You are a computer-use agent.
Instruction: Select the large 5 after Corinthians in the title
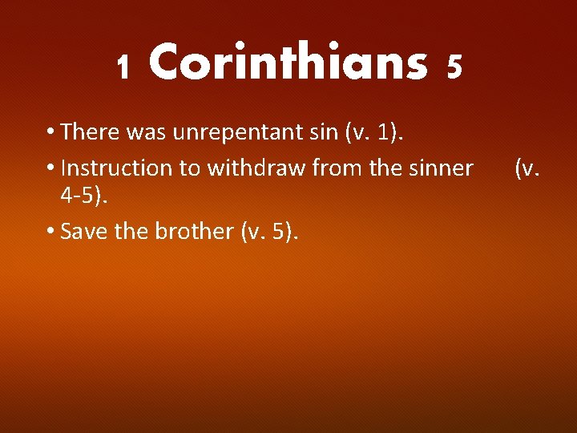coord(454,67)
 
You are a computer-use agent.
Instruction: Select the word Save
coord(83,232)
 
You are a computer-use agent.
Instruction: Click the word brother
coord(192,232)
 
